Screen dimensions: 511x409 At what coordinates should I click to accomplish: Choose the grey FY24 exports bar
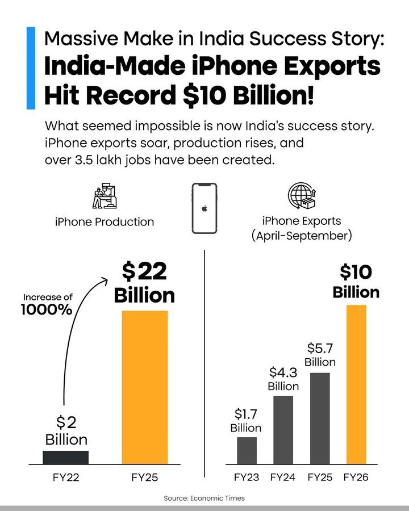coord(283,430)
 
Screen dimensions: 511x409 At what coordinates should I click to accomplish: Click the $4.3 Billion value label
coord(283,379)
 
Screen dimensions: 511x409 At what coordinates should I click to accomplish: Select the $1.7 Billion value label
coord(246,421)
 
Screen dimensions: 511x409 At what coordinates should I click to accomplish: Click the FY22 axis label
coord(65,478)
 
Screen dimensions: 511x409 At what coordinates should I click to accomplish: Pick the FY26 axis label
coord(356,478)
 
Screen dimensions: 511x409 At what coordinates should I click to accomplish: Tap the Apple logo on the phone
coord(204,208)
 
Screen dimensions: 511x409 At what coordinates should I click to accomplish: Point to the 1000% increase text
coord(47,310)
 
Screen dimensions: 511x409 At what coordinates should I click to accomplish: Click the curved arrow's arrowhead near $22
coord(106,279)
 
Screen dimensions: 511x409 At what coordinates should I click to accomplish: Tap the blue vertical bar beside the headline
coord(31,68)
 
